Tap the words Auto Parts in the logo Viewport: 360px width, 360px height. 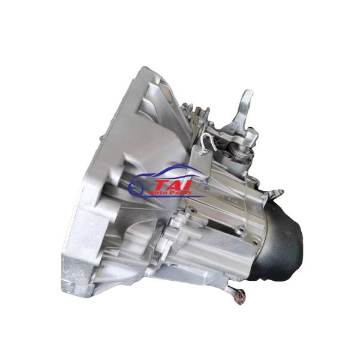[x=170, y=193]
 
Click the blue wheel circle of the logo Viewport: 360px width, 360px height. [x=136, y=187]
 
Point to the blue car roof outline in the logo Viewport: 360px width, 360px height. [x=170, y=171]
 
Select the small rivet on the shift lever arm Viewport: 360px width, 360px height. [x=232, y=127]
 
